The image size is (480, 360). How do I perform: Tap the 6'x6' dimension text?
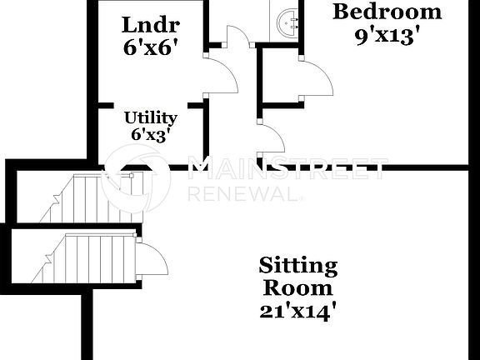(151, 47)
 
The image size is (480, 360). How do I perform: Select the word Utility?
(151, 117)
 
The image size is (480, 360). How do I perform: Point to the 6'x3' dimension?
(151, 134)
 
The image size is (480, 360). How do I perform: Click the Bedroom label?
(387, 12)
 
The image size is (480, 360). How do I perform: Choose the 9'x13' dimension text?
(385, 36)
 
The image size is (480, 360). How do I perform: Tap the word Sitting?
(297, 267)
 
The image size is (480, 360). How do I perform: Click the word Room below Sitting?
(297, 288)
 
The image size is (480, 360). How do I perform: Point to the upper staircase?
(87, 197)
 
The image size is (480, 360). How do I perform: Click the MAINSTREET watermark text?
(287, 170)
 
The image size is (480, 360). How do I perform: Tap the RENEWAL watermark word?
(242, 194)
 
